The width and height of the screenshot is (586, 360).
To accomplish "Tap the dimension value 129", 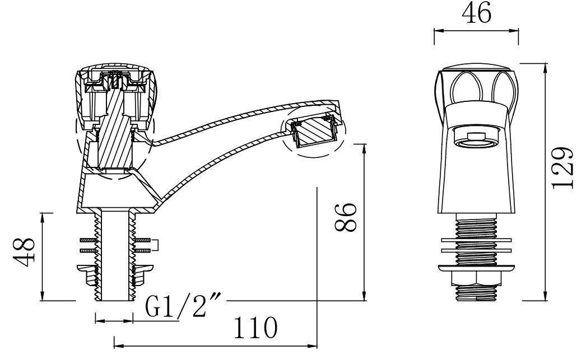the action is tap(563, 167).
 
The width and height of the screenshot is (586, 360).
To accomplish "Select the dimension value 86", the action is tap(345, 217).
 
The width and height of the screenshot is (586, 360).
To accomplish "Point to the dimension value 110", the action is tap(255, 328).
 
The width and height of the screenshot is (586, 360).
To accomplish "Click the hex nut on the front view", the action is tap(476, 279).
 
